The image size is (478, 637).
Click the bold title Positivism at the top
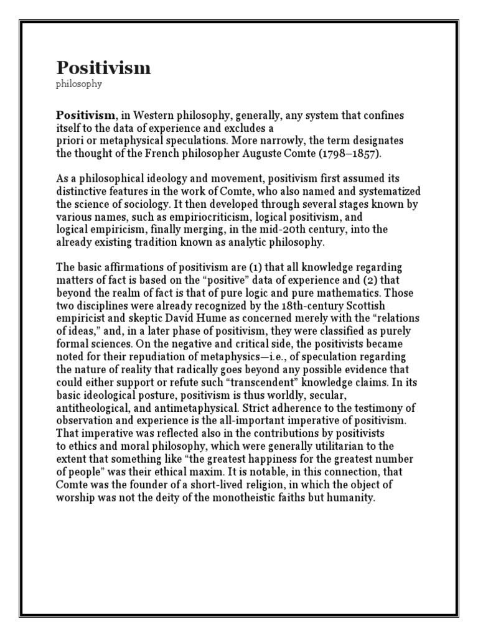point(103,68)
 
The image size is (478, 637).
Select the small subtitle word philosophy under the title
point(79,84)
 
